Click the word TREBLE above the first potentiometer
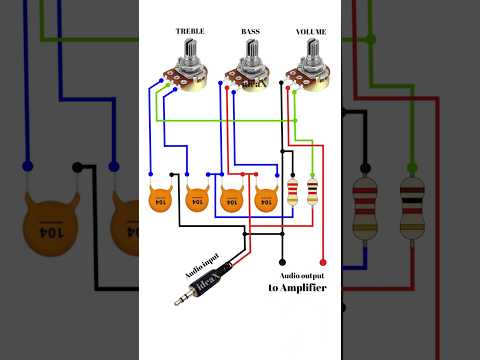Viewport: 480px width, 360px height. (x=190, y=31)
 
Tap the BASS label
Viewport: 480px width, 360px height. (x=250, y=31)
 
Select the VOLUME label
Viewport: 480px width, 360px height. (x=311, y=31)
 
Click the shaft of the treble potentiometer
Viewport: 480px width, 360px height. (x=190, y=52)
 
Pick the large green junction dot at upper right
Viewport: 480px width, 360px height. (x=371, y=40)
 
